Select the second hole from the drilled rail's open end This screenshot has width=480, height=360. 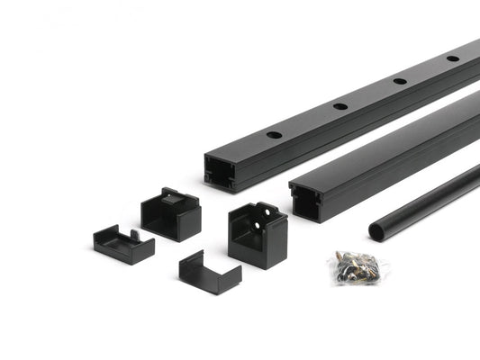point(340,106)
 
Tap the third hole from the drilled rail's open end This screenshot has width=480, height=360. point(399,81)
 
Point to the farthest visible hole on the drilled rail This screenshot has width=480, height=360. point(452,58)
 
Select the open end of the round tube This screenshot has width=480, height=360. point(377,232)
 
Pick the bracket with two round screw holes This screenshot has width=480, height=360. point(258,233)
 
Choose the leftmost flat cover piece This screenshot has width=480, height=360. point(123,244)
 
